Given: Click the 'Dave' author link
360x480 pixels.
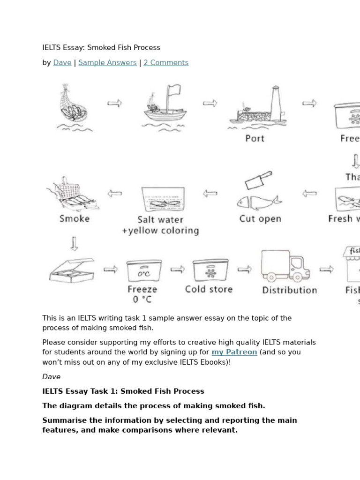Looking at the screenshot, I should tap(62, 63).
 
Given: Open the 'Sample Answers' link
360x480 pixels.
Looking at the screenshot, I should tap(107, 63).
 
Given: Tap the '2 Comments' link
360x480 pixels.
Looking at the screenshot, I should tap(166, 63).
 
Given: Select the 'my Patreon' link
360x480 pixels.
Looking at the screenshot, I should tap(234, 352).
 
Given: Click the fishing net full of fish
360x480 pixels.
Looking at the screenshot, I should tap(73, 105).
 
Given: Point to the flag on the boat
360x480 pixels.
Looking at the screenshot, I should tap(173, 90).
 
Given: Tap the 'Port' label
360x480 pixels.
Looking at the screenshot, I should tap(255, 138).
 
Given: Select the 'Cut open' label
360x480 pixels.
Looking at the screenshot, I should tap(260, 218).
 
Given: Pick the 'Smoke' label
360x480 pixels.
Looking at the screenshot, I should tap(75, 218).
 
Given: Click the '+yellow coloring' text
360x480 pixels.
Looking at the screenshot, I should tap(160, 231).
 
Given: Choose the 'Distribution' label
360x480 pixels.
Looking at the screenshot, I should tap(289, 290).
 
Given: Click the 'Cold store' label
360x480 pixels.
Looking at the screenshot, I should tap(209, 289).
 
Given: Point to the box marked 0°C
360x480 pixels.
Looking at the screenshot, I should tap(144, 271).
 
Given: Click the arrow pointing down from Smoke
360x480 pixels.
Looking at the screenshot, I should tap(74, 244).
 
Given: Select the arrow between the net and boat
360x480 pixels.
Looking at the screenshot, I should tap(114, 103).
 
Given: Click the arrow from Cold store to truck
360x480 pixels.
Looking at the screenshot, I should tap(244, 269).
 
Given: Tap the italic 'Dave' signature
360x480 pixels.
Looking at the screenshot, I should tap(51, 377).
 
